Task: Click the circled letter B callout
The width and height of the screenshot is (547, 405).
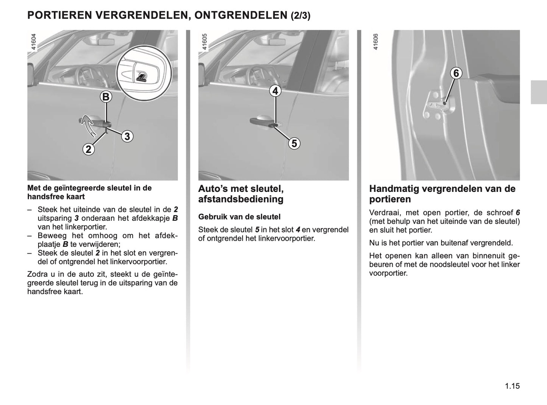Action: (106, 97)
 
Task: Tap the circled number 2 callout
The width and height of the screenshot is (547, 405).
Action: (88, 150)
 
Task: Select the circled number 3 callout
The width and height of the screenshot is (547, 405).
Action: (127, 136)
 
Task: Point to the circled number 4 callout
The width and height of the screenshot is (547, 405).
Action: (275, 91)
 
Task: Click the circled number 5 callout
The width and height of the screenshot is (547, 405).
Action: (294, 143)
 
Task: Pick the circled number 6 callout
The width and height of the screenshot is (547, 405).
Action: (456, 73)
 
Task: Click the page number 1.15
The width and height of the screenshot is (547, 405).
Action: (512, 386)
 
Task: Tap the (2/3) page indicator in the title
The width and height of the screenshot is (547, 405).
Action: (301, 16)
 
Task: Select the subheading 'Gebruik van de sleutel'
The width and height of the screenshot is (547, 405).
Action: (239, 217)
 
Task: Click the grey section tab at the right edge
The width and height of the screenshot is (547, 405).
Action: (538, 92)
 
